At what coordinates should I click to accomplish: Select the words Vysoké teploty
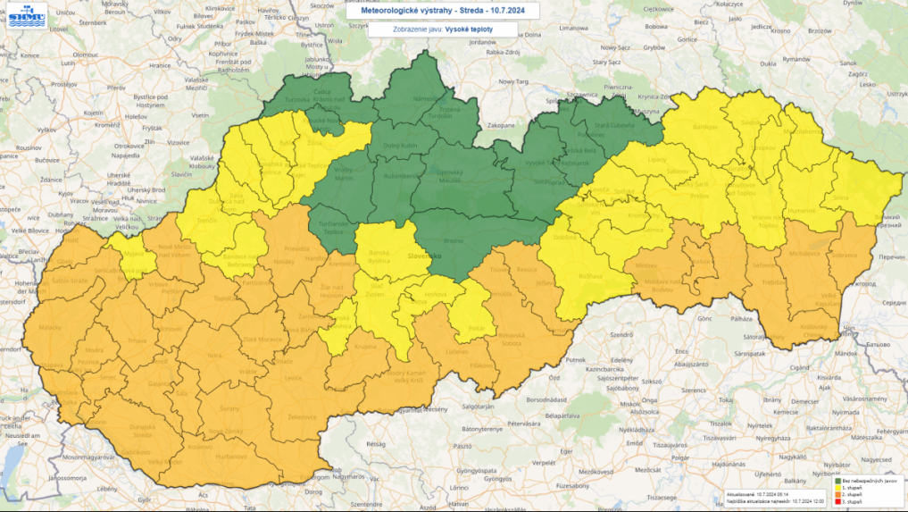click(x=467, y=29)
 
